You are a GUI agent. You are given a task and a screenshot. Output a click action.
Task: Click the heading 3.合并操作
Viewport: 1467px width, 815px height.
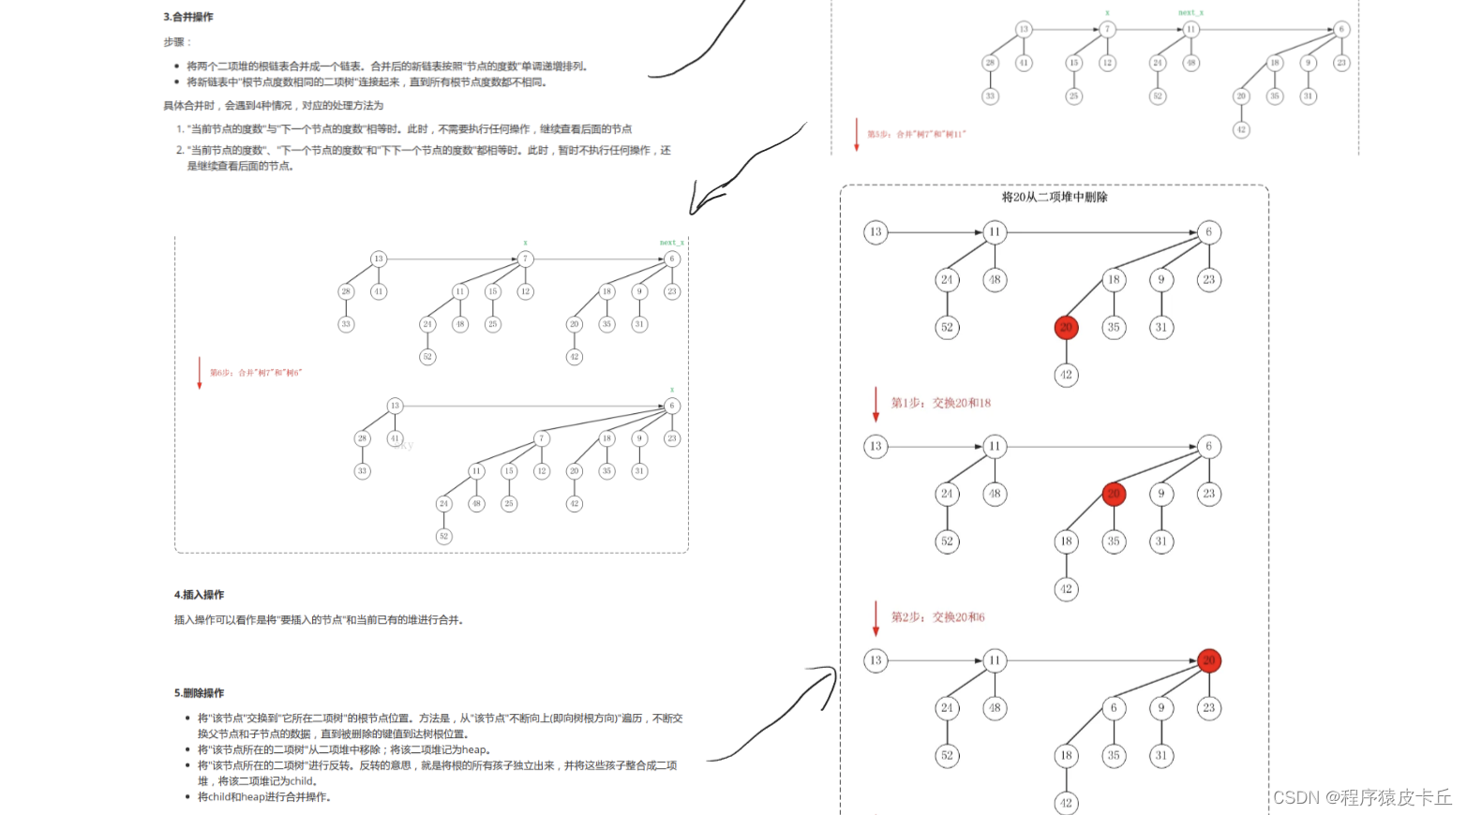[188, 17]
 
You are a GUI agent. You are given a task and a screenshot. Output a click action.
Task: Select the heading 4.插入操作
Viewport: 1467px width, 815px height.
[199, 595]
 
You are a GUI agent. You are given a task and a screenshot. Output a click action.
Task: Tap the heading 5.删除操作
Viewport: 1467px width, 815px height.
[199, 693]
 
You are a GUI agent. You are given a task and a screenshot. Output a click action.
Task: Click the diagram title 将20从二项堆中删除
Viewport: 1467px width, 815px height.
[1055, 198]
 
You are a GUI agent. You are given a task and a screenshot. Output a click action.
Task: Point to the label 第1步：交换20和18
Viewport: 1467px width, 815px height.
[940, 403]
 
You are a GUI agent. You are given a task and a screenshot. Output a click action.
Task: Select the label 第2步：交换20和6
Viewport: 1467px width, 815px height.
[937, 617]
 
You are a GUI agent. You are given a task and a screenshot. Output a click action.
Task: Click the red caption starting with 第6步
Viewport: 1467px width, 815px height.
[256, 373]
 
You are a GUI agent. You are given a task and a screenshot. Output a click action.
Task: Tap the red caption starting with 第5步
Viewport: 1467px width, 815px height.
[916, 135]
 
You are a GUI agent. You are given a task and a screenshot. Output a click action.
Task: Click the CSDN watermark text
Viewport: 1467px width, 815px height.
[1362, 797]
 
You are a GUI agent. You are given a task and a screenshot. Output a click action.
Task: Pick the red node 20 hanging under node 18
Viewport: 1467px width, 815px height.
[1066, 327]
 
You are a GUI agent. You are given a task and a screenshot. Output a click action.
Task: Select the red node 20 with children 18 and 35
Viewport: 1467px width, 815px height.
[1114, 494]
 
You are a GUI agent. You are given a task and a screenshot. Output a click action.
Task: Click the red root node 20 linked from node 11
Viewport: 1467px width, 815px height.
[1209, 660]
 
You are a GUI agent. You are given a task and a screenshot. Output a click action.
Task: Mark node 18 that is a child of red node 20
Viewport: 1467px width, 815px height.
[1066, 541]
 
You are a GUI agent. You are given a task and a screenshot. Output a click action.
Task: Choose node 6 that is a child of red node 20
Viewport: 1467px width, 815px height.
[1114, 708]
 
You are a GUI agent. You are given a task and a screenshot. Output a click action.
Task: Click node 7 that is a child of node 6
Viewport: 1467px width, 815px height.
[541, 438]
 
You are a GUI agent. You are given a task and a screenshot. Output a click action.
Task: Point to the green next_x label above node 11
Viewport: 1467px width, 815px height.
[1190, 13]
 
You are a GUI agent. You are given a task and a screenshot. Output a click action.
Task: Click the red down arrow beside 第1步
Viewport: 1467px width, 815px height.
[876, 404]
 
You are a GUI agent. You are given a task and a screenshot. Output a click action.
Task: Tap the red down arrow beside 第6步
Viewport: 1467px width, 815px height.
[199, 372]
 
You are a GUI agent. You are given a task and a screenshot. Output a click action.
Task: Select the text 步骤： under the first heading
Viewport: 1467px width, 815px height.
[177, 42]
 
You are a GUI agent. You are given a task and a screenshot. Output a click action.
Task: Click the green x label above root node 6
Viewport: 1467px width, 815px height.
[672, 390]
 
